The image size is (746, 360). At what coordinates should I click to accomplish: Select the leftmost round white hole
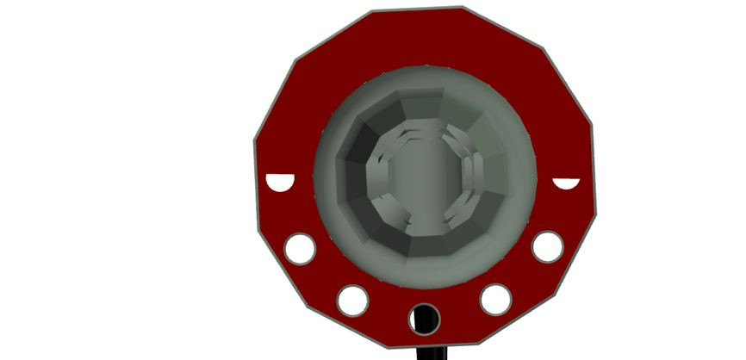(x=301, y=249)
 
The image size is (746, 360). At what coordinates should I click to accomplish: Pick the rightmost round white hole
(x=547, y=246)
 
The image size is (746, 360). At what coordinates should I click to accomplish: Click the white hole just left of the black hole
(x=353, y=300)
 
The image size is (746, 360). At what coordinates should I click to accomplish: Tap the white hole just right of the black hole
(x=495, y=299)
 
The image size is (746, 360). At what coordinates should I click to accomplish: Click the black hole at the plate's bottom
(x=425, y=319)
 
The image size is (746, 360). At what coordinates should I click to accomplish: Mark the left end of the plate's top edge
(x=374, y=11)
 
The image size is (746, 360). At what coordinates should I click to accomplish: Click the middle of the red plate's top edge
(x=417, y=9)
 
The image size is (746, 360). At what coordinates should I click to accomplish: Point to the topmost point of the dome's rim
(x=424, y=66)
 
